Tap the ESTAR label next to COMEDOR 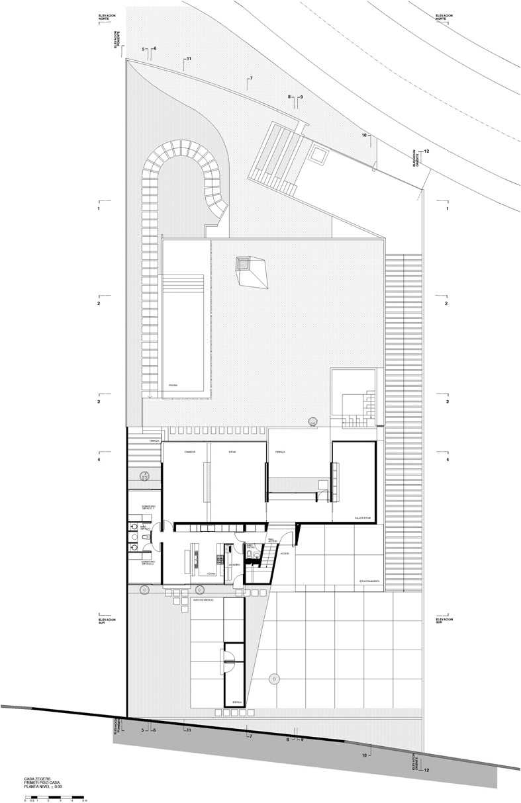click(x=232, y=452)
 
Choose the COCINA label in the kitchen click(x=211, y=573)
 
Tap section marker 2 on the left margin click(x=98, y=303)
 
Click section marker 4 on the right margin click(x=447, y=459)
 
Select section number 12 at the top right click(x=426, y=151)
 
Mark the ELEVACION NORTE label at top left click(x=107, y=17)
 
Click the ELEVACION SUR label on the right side click(x=443, y=621)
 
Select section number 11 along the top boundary click(x=188, y=60)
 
